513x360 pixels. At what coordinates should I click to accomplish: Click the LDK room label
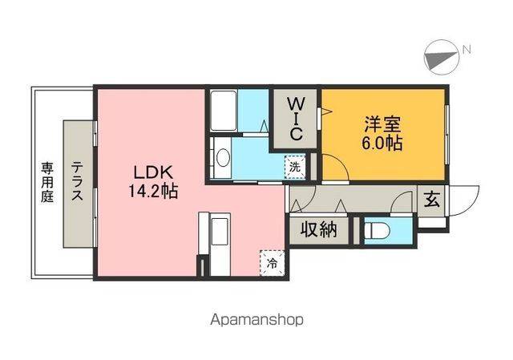[x=150, y=174]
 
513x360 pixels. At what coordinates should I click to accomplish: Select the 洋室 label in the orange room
[x=382, y=126]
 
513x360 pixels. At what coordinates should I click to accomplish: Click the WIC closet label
[x=295, y=117]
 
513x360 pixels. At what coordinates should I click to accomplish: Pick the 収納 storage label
[x=318, y=230]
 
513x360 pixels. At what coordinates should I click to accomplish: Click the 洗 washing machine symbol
[x=296, y=168]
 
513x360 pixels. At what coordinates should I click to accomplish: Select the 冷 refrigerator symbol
[x=273, y=262]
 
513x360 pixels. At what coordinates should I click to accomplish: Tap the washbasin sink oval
[x=222, y=158]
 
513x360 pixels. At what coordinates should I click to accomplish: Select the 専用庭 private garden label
[x=47, y=182]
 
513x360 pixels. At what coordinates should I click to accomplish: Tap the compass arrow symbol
[x=440, y=55]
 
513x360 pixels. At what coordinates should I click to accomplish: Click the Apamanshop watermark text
[x=256, y=319]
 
